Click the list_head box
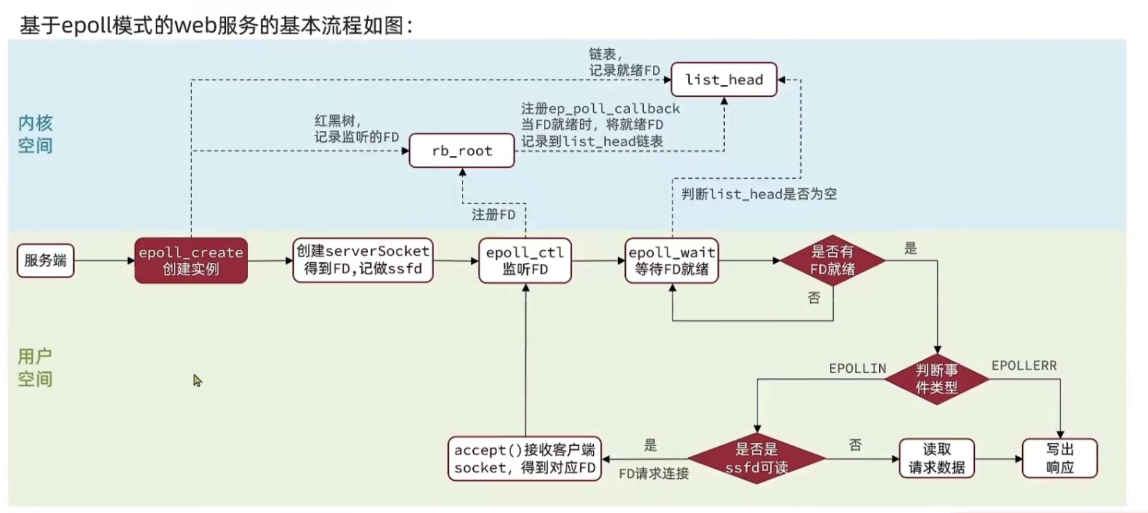(724, 80)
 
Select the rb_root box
(461, 151)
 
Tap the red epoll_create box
(191, 261)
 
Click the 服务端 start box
(46, 261)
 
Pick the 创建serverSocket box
(363, 260)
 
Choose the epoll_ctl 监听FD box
(525, 261)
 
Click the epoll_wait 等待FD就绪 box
(671, 261)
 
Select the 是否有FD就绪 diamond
(832, 261)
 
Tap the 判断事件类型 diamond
(937, 379)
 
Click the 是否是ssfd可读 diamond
(757, 458)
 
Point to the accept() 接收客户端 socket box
(524, 459)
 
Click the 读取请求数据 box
(936, 458)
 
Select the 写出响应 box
(1060, 458)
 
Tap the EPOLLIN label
(857, 369)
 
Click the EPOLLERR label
(1024, 366)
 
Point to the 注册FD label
(493, 215)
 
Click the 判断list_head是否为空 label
(759, 194)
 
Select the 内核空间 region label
(35, 134)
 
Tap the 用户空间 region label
(35, 368)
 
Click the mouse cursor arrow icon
(197, 381)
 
